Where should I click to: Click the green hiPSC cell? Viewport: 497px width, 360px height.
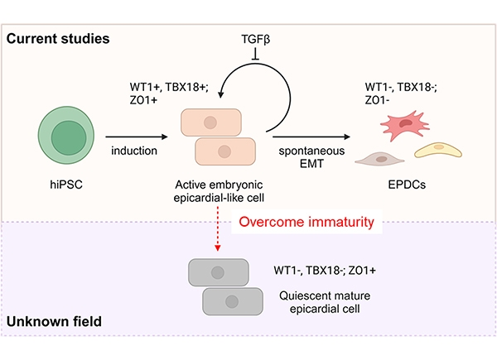pos(66,135)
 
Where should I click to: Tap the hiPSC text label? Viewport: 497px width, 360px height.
pos(66,185)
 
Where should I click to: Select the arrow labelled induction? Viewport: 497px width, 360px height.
pos(137,137)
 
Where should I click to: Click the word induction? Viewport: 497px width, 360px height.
pos(134,151)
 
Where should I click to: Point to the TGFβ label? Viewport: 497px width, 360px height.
pos(255,39)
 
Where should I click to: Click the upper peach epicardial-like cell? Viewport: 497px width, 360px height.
pos(211,122)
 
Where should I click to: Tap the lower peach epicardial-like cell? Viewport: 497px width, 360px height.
pos(225,151)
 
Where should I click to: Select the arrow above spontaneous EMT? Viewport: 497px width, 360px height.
pos(311,137)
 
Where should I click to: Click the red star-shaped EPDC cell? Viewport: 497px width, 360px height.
pos(405,125)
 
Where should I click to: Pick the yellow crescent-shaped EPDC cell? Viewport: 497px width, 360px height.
pos(438,150)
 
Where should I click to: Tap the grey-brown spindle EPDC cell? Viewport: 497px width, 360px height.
pos(379,159)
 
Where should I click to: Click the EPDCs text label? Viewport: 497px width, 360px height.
pos(407,185)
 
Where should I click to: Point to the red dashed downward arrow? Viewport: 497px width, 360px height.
pos(217,228)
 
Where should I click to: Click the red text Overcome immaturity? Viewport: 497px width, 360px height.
pos(306,222)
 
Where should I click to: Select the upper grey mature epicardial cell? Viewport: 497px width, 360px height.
pos(219,272)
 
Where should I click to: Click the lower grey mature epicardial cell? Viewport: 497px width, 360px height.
pos(233,301)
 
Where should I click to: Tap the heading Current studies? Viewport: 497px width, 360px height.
pos(58,39)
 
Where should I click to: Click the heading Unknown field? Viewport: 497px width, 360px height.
pos(54,321)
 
